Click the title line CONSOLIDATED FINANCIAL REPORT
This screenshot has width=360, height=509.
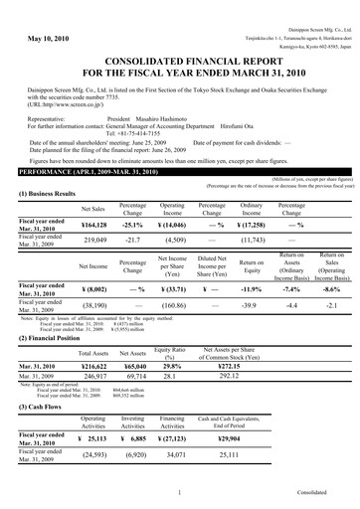(180, 63)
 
